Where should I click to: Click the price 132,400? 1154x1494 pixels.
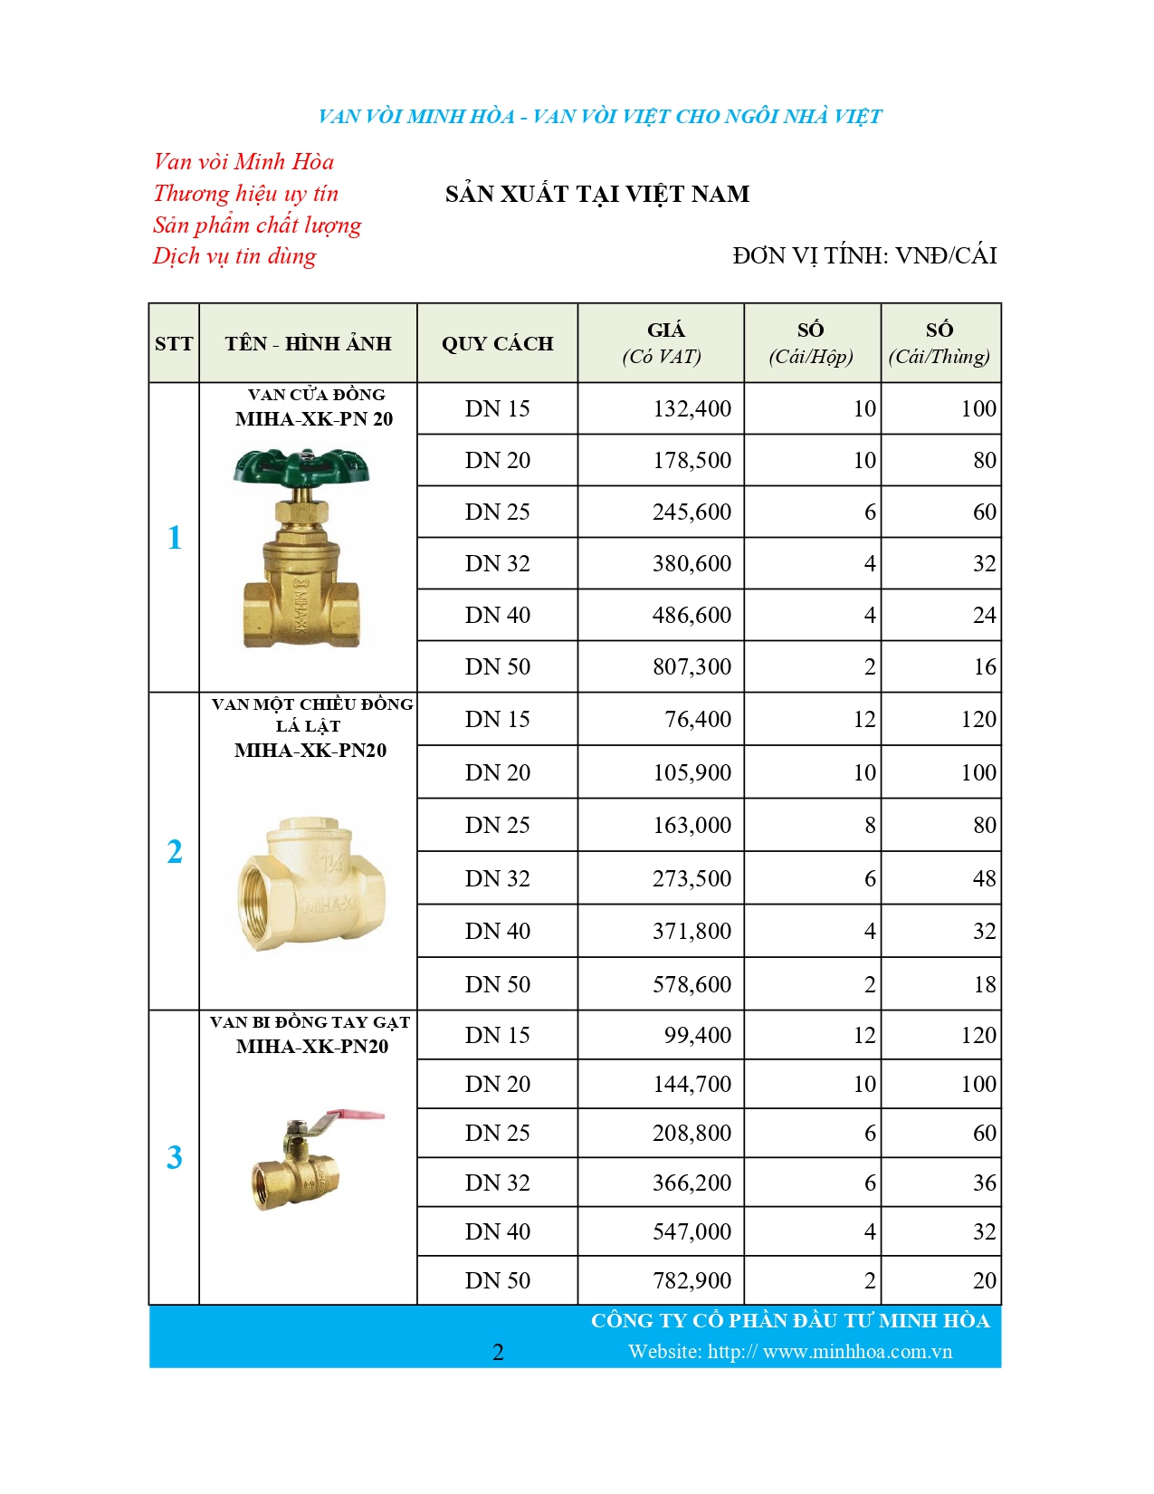tap(691, 409)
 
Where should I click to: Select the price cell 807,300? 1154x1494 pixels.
tap(691, 667)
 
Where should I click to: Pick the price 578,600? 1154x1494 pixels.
tap(691, 985)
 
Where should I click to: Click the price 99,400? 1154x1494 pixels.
tap(697, 1036)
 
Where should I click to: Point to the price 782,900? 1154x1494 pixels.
tap(691, 1281)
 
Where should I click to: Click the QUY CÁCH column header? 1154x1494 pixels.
tap(497, 344)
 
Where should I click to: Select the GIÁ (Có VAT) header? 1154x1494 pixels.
tap(662, 343)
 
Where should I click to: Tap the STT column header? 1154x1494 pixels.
tap(174, 344)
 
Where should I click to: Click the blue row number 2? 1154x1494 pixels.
tap(175, 852)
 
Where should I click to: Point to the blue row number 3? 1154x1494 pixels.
tap(175, 1158)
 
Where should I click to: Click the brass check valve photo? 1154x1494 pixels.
tap(310, 883)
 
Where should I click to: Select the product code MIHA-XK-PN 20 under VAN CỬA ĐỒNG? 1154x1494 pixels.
tap(314, 419)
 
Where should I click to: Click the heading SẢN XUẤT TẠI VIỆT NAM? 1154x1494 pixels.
tap(597, 195)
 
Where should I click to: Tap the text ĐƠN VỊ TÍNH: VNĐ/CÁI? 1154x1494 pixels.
tap(864, 256)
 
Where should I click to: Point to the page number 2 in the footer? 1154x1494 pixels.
tap(498, 1353)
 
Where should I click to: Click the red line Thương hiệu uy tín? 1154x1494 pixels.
tap(245, 194)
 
